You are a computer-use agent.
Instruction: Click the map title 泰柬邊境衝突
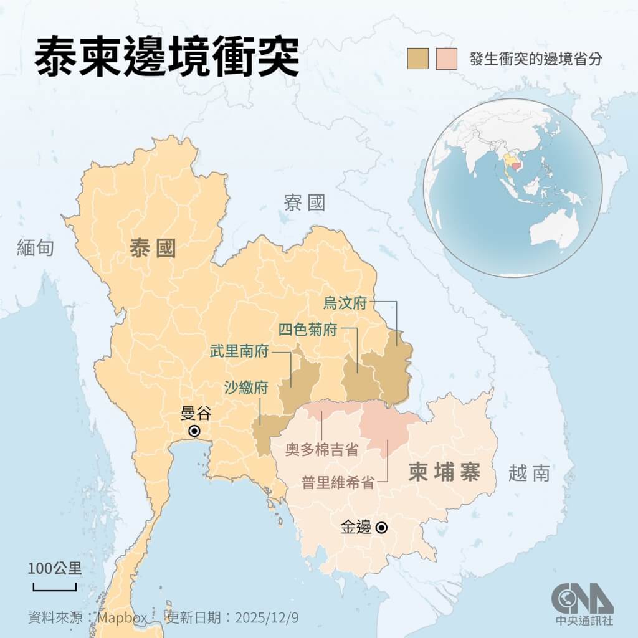(x=167, y=58)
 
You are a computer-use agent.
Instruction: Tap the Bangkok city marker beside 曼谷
(x=194, y=431)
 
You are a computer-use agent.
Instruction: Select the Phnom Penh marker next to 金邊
(x=382, y=528)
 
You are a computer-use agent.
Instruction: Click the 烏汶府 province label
(x=345, y=303)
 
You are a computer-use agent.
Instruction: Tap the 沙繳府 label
(x=246, y=388)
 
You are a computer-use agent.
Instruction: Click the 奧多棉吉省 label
(x=321, y=449)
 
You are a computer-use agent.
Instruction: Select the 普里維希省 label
(x=338, y=482)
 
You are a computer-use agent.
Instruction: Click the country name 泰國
(x=153, y=248)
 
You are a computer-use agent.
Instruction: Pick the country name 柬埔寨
(x=444, y=472)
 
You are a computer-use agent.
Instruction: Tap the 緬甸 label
(x=36, y=248)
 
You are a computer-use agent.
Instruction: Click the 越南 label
(x=529, y=474)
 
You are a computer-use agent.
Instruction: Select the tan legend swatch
(x=417, y=59)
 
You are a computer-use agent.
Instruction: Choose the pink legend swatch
(x=447, y=59)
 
